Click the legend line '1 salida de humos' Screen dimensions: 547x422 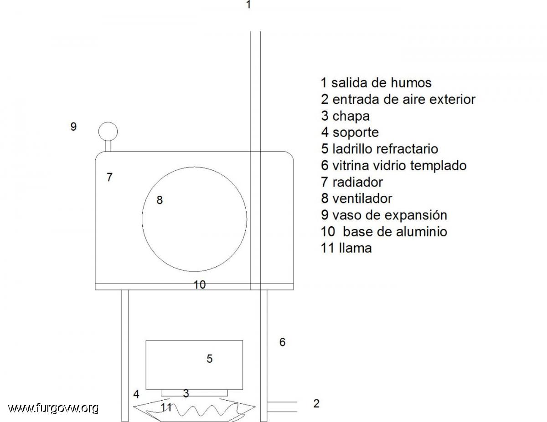[x=376, y=83]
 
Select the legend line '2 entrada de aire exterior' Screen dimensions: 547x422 [x=398, y=99]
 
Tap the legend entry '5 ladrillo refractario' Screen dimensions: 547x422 [x=379, y=149]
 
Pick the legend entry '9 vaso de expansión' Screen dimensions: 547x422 [x=384, y=215]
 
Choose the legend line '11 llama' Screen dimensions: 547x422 [x=346, y=248]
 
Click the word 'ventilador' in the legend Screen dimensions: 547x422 [x=362, y=198]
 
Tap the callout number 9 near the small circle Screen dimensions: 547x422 [x=73, y=127]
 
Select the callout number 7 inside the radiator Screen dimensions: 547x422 [x=109, y=178]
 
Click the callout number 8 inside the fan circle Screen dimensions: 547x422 [x=160, y=200]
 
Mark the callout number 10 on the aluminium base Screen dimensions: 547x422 [x=200, y=285]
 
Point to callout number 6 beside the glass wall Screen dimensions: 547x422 [x=283, y=342]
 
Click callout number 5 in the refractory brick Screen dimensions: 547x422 [x=210, y=359]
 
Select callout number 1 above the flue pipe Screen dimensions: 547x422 [x=248, y=4]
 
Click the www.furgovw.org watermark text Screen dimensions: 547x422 [x=53, y=408]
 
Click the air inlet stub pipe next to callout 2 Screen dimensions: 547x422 [x=282, y=407]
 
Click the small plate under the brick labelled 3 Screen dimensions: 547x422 [x=194, y=393]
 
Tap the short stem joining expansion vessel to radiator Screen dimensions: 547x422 [x=108, y=146]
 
